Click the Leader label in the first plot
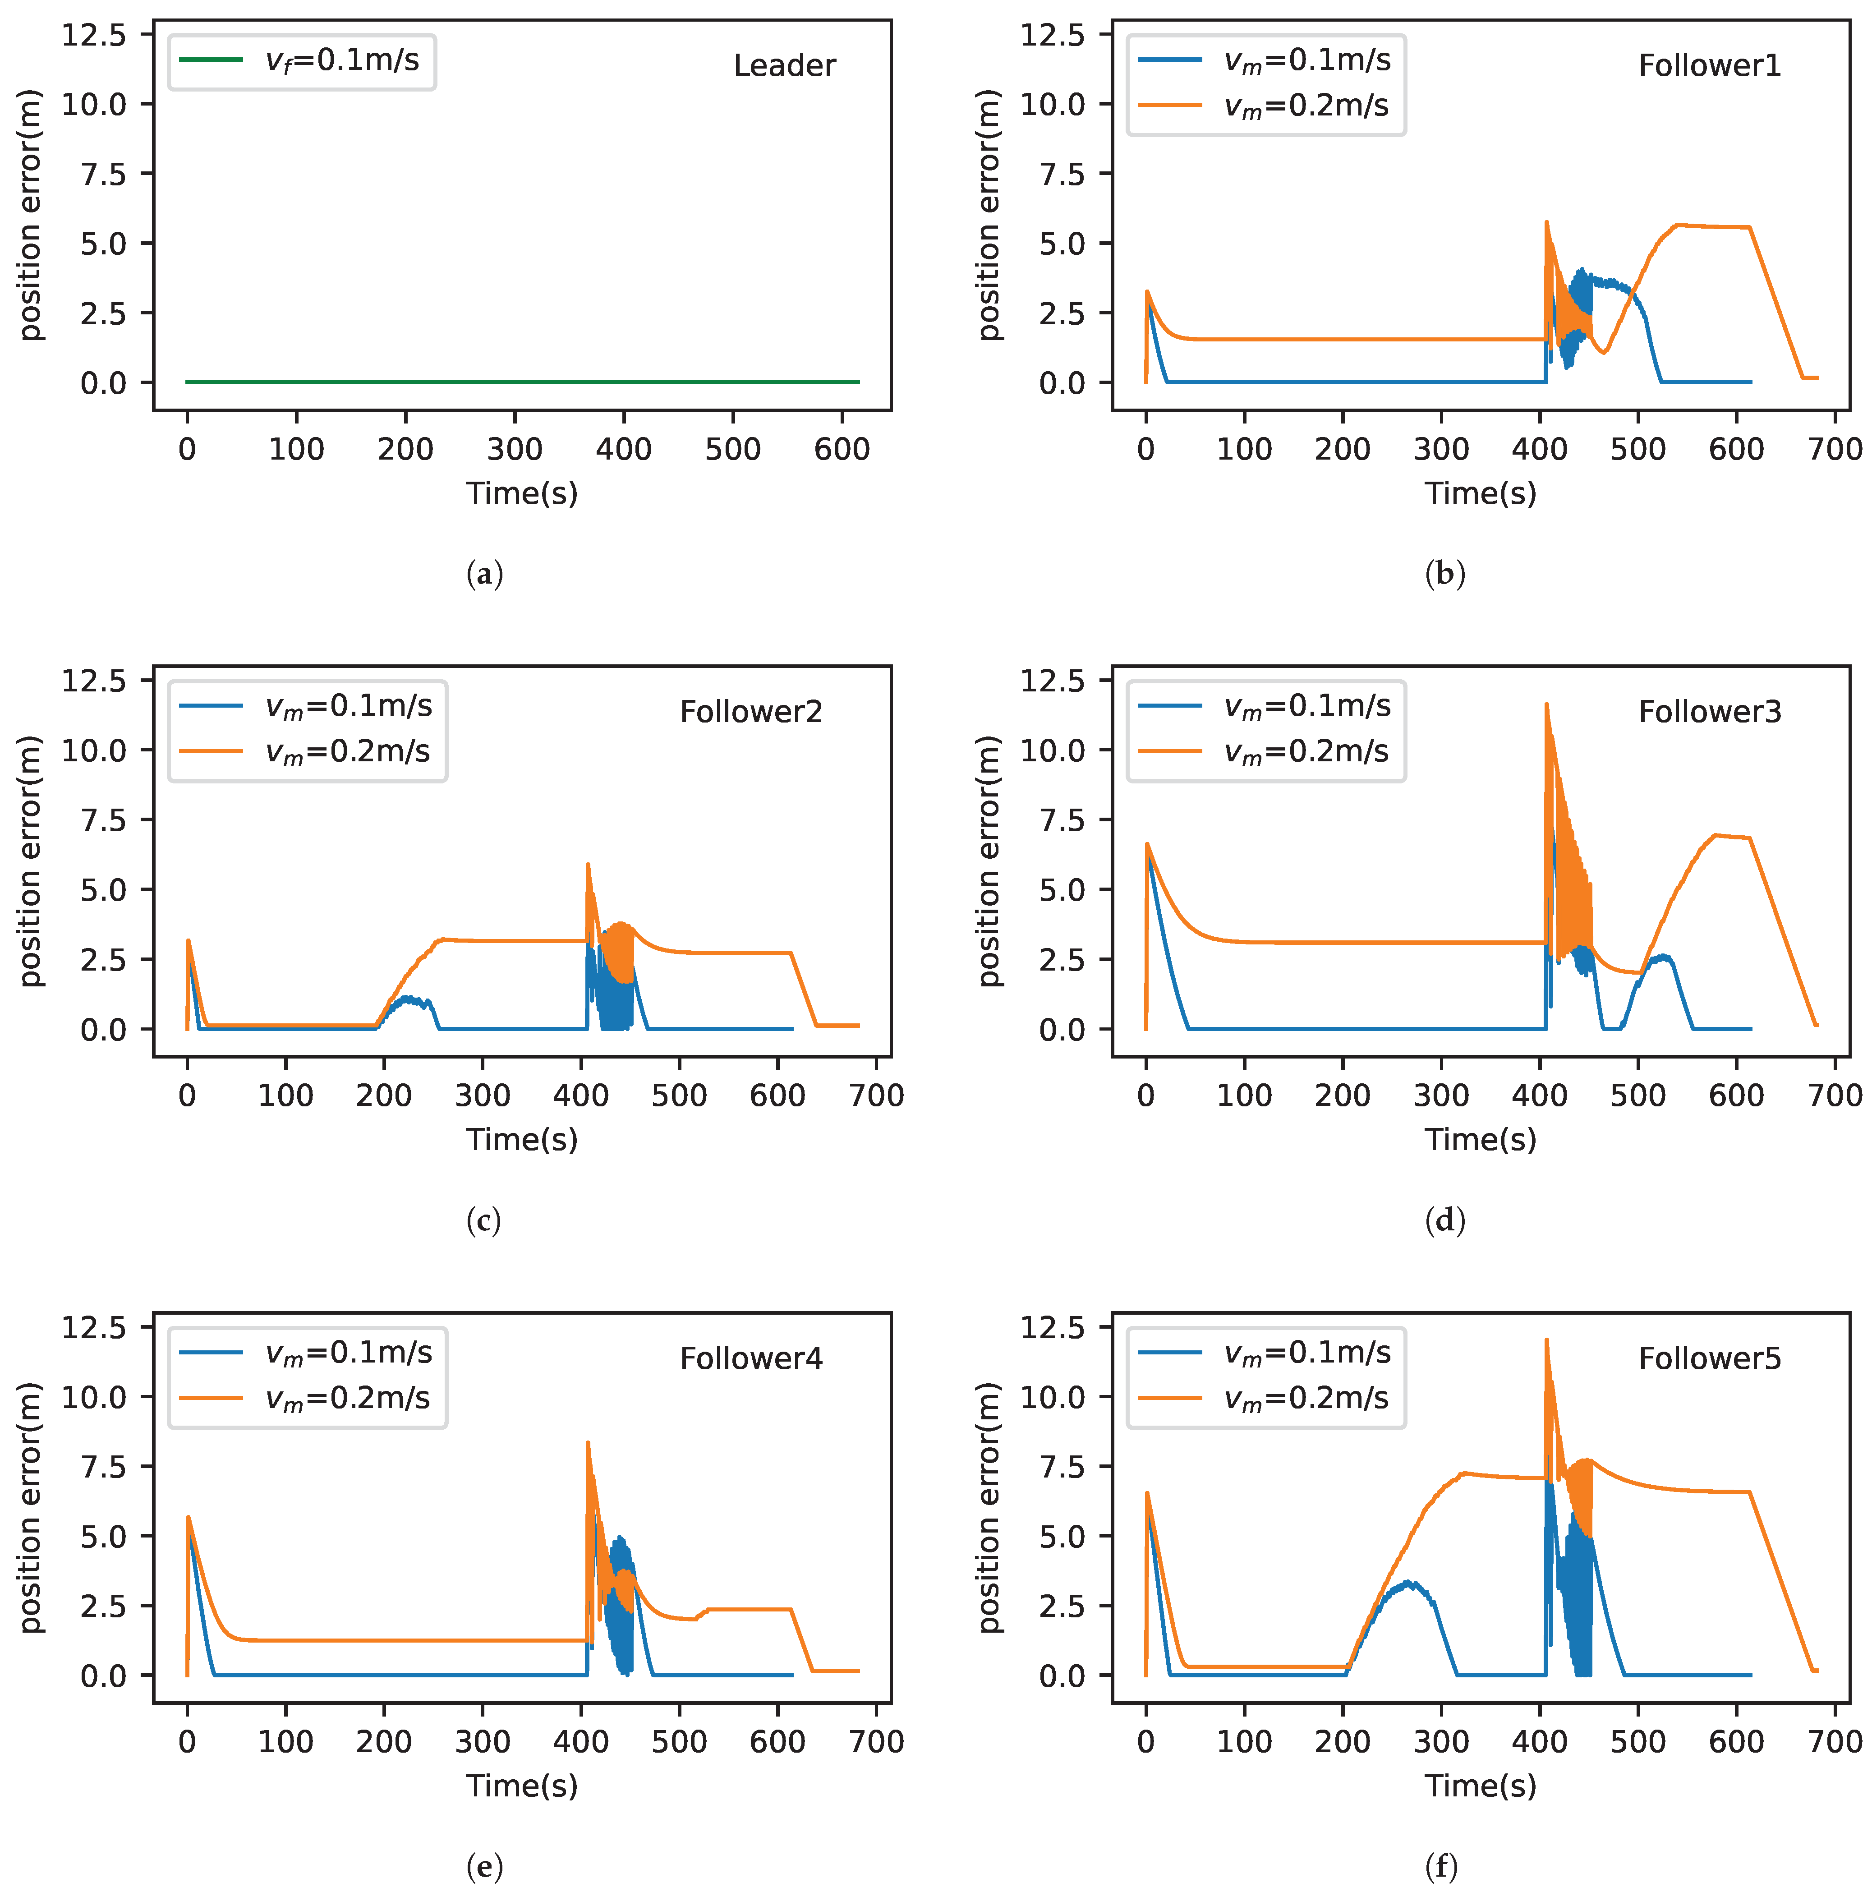coord(784,65)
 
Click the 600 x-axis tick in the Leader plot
coord(841,450)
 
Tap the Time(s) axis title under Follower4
coord(522,1785)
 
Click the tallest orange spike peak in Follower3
coord(1546,704)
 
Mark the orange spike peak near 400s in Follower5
coord(1546,1341)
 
